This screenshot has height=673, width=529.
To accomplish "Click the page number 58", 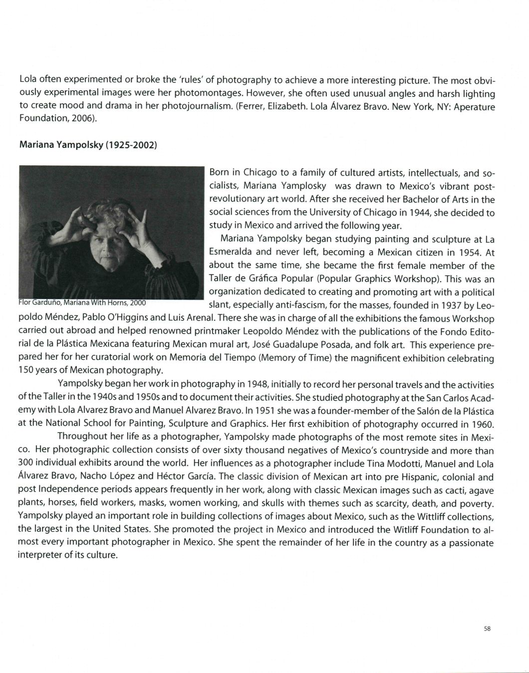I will (x=487, y=629).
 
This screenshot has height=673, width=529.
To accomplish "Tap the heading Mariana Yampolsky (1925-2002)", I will (x=88, y=145).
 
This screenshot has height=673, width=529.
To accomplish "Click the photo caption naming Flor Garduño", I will (x=82, y=302).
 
